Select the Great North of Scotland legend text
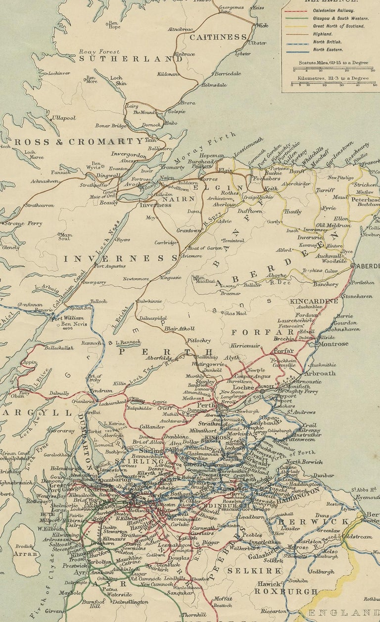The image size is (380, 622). point(338,26)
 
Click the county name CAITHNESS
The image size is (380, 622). point(218,37)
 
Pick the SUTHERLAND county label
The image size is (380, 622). point(131,58)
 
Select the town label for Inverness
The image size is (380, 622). point(155,205)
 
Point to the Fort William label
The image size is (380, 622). point(68,318)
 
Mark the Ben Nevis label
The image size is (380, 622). point(73,325)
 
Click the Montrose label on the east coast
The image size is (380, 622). point(333,344)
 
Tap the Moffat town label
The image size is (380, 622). point(222,599)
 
